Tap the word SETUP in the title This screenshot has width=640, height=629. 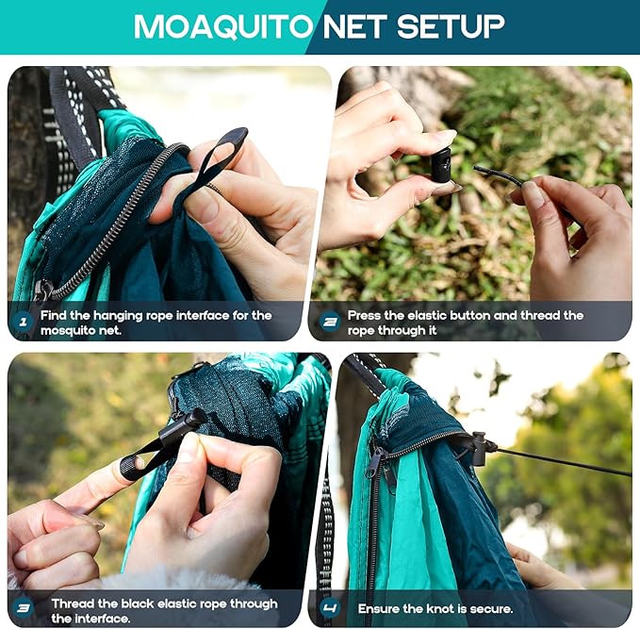click(451, 25)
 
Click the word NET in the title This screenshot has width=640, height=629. click(355, 25)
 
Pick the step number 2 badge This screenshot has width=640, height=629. click(329, 323)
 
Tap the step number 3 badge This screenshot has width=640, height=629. click(24, 609)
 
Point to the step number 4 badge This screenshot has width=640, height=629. click(329, 609)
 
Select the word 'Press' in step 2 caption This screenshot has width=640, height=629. click(366, 315)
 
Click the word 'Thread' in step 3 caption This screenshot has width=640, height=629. click(72, 604)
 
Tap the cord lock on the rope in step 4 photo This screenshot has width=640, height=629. click(478, 447)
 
